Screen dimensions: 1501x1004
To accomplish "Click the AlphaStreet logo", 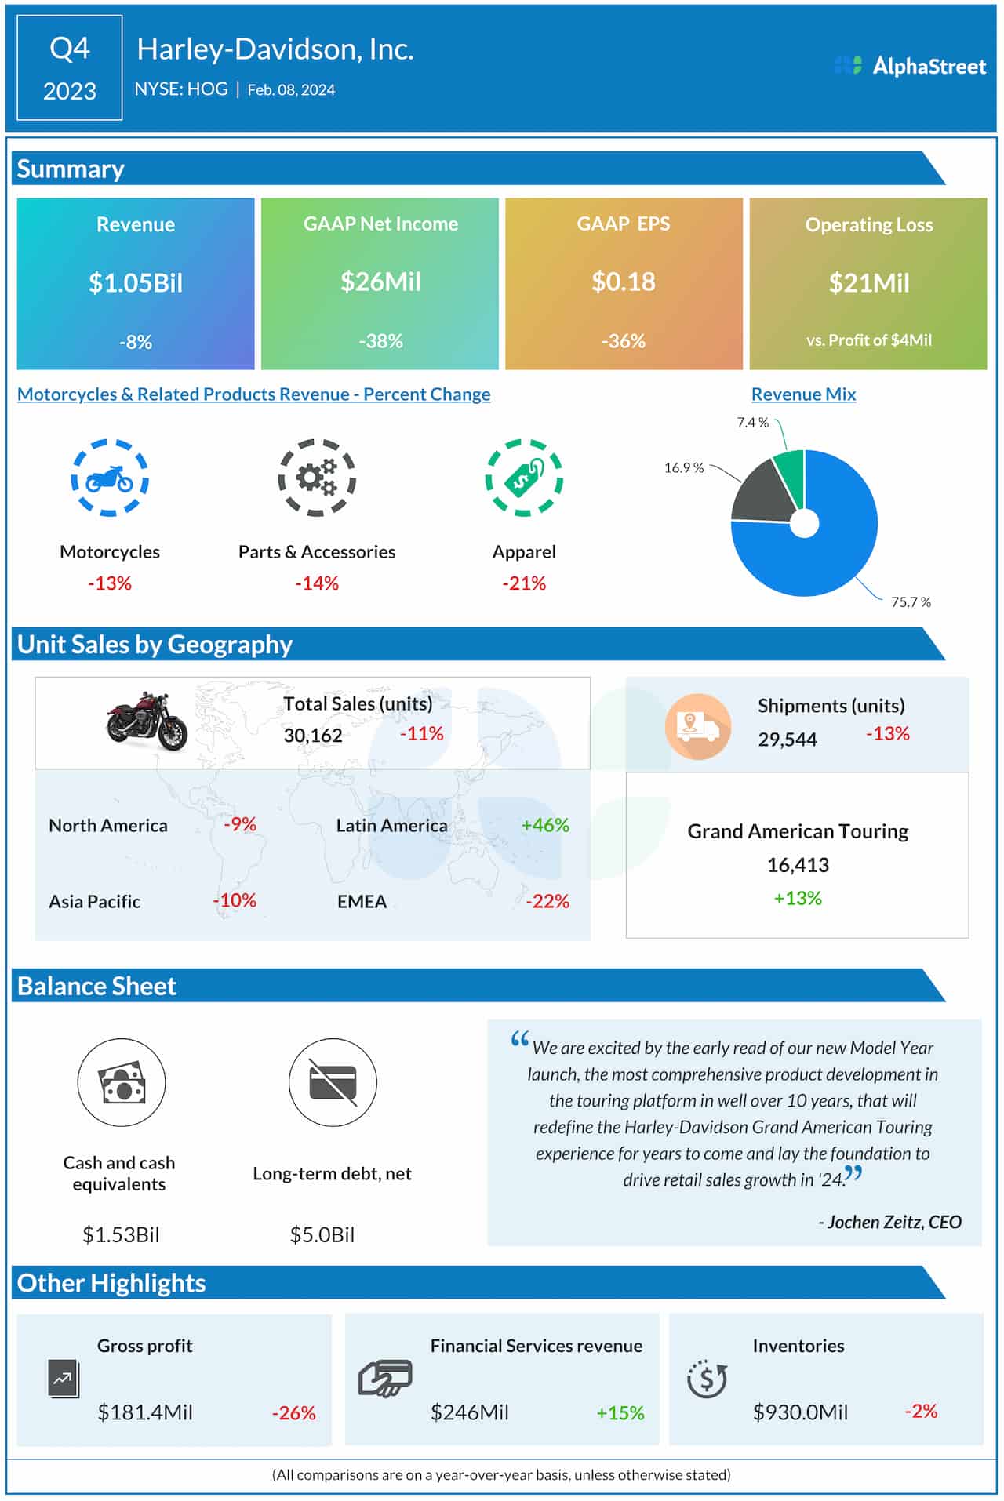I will tap(910, 66).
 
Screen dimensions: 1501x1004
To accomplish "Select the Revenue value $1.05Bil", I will tap(135, 282).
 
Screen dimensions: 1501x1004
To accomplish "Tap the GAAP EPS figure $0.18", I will tap(623, 282).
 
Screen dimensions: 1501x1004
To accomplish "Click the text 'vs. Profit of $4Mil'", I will tap(868, 340).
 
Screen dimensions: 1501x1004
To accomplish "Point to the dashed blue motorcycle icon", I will tap(110, 478).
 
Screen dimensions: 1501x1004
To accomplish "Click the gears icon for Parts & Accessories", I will tap(317, 478).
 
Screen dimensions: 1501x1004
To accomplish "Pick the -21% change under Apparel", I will tap(523, 583).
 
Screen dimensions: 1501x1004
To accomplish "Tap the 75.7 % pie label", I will tap(910, 602).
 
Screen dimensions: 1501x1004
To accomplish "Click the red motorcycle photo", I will tap(147, 720).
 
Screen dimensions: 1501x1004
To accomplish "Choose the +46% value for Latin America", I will tap(544, 825).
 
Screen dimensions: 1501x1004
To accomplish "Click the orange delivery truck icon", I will tap(697, 726).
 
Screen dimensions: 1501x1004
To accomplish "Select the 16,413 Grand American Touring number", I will tap(798, 865).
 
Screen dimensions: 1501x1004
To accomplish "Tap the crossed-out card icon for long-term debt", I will tap(333, 1082).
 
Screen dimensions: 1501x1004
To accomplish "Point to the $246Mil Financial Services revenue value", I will tap(469, 1412).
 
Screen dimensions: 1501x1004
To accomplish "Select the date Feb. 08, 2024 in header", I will tap(291, 90).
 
